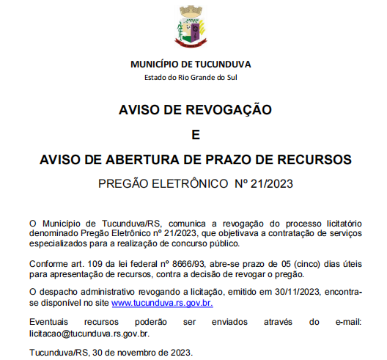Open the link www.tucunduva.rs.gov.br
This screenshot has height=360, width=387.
coord(162,303)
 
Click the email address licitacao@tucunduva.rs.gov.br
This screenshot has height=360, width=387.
coord(89,334)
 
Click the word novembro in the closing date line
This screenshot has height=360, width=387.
coord(130,353)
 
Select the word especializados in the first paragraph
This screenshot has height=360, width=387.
coord(61,243)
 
